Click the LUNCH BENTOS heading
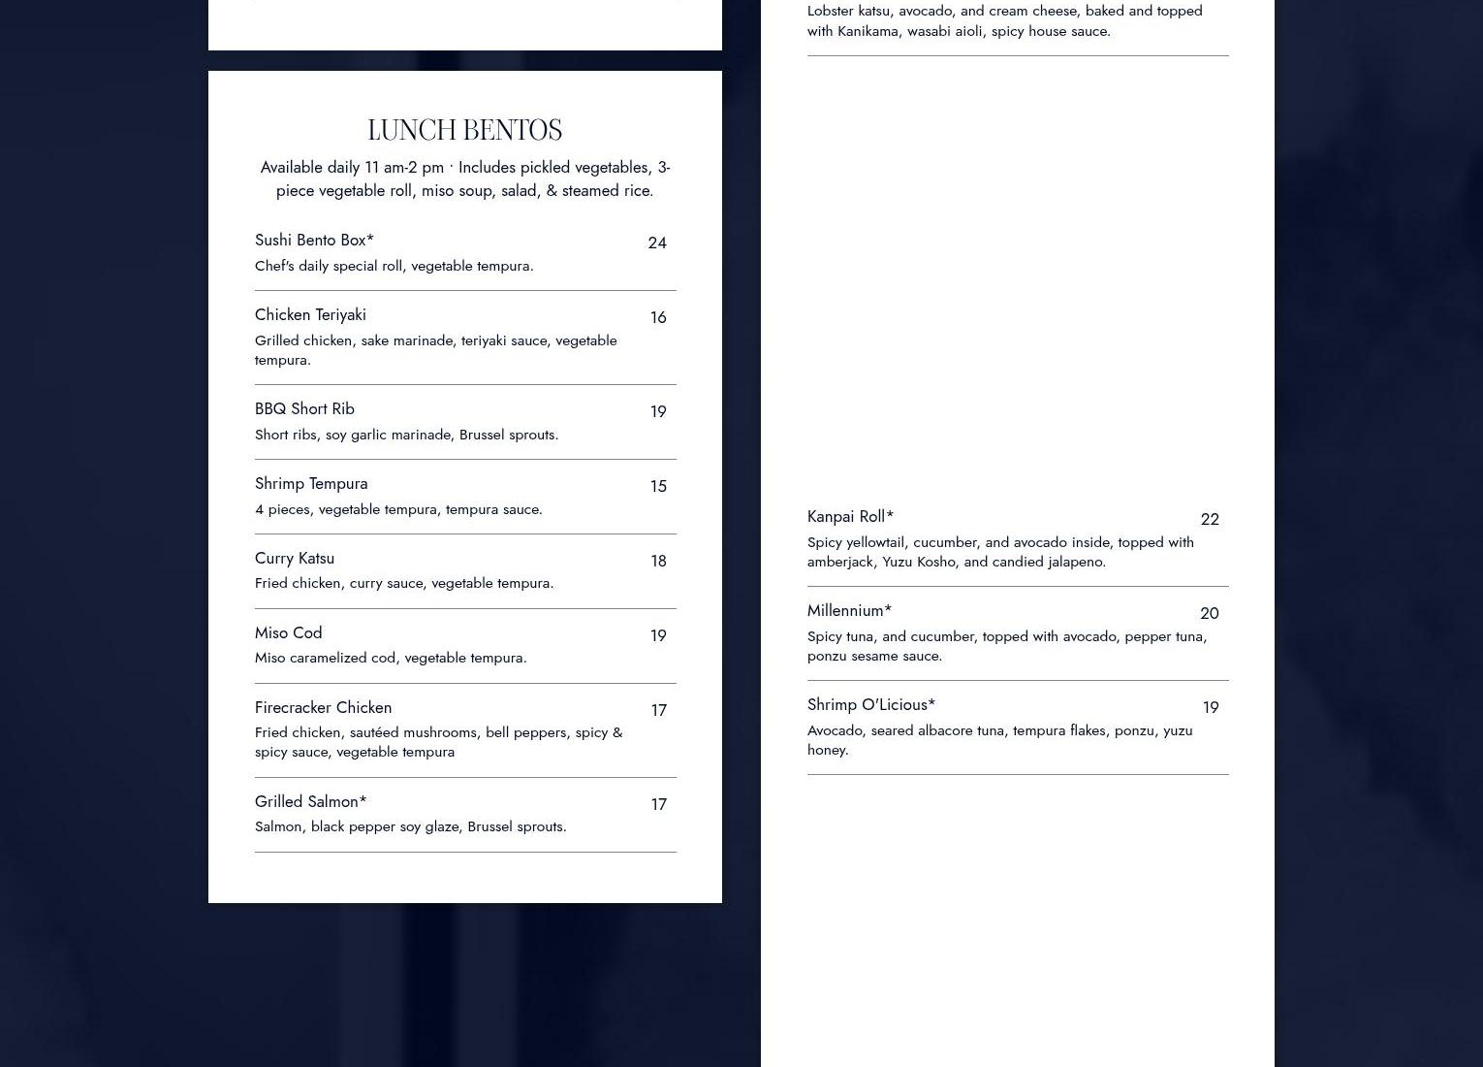click(x=464, y=130)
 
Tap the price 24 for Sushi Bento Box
click(x=657, y=242)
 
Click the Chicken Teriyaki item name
click(x=310, y=314)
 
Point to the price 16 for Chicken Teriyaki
click(x=658, y=317)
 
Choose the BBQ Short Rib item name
click(x=304, y=408)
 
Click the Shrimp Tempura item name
click(x=311, y=483)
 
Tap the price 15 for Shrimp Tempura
click(x=658, y=486)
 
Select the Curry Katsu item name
click(x=295, y=558)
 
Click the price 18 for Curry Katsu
click(x=658, y=561)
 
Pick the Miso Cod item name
click(x=288, y=632)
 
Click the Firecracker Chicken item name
click(x=323, y=707)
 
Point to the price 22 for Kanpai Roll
click(x=1210, y=519)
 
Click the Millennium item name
click(x=849, y=610)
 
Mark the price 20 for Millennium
click(x=1210, y=613)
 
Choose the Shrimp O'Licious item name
click(x=870, y=704)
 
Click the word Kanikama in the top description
click(x=868, y=31)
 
